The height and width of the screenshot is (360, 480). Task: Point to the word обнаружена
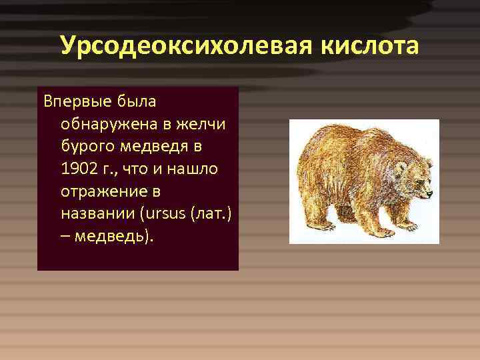pyautogui.click(x=100, y=124)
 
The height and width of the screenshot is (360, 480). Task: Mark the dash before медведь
pyautogui.click(x=65, y=237)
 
